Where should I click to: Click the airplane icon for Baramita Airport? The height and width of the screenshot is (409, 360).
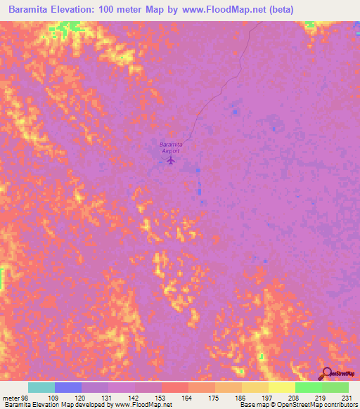(171, 160)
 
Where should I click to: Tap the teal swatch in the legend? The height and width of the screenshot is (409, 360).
(41, 387)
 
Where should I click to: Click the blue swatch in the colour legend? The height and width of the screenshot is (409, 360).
(68, 387)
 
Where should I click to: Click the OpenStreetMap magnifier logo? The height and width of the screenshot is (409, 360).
(326, 374)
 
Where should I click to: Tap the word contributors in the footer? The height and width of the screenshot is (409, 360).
(340, 405)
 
